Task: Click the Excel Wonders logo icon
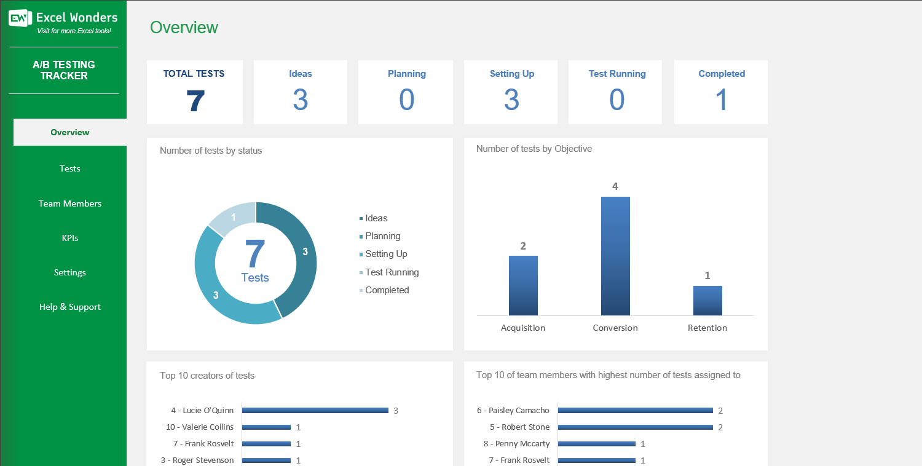point(20,18)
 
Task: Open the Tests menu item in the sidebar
point(70,168)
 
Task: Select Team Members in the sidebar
point(70,203)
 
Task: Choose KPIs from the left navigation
point(70,238)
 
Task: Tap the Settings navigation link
point(70,272)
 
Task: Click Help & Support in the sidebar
point(70,307)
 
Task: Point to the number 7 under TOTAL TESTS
point(194,100)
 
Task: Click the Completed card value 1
point(722,100)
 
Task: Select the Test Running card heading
point(617,74)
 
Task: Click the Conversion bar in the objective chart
point(615,256)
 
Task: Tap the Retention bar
point(707,301)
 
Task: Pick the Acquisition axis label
point(523,328)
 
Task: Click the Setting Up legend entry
point(386,254)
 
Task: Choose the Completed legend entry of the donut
point(387,290)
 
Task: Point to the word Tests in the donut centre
point(255,277)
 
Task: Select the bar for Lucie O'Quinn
point(315,410)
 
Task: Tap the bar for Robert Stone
point(635,427)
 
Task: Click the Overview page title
point(184,27)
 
